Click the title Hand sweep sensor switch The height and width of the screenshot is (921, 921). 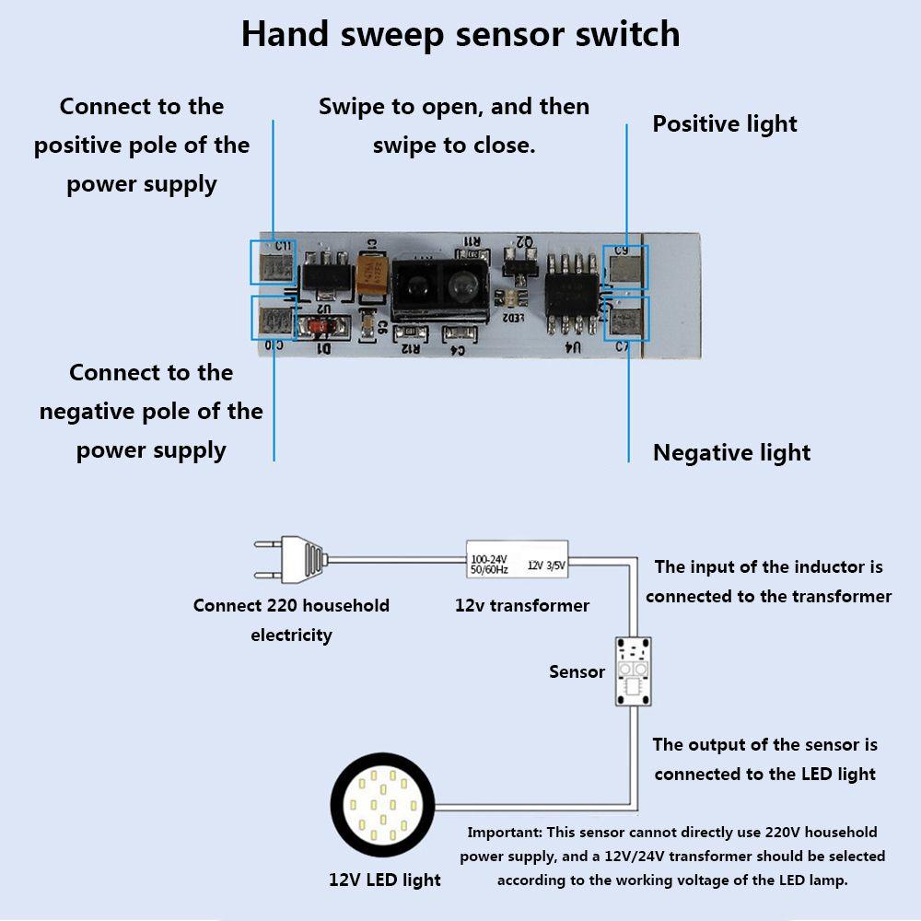[x=460, y=34]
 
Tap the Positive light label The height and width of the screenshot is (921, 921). [x=725, y=124]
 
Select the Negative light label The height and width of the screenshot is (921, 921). [x=731, y=452]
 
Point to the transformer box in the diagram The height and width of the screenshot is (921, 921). [x=518, y=559]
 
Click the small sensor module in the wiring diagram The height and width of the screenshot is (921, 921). [x=633, y=671]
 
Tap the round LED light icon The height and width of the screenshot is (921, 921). [x=381, y=807]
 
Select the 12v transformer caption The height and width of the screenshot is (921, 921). [x=522, y=605]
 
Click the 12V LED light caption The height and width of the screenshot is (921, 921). [x=385, y=880]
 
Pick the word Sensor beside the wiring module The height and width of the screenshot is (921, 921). [x=577, y=671]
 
